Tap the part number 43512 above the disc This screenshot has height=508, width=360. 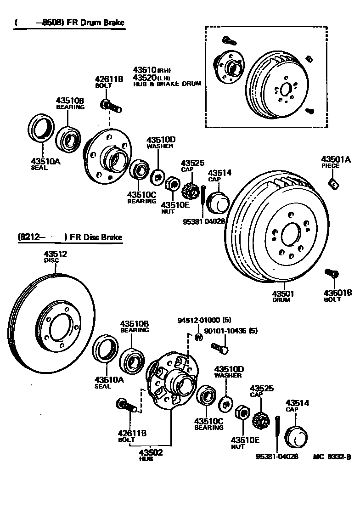[56, 254]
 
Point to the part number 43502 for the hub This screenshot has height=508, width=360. [151, 452]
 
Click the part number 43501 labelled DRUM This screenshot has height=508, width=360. [283, 294]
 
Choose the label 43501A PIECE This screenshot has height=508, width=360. [336, 162]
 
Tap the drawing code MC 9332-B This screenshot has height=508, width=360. [332, 457]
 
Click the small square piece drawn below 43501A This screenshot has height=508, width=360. [334, 184]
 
